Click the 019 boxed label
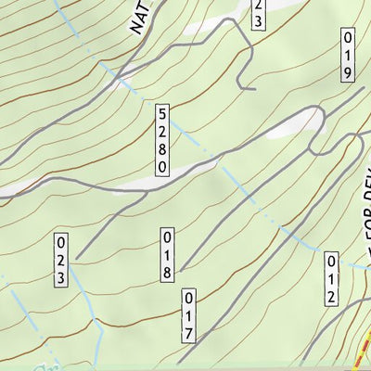tap(349, 57)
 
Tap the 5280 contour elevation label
tap(162, 139)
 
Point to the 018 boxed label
tap(168, 254)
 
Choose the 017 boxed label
tap(188, 316)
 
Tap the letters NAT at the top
tap(140, 17)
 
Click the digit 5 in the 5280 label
tap(162, 112)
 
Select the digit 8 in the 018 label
tap(168, 272)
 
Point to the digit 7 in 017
tap(188, 333)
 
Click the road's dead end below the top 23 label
tap(253, 89)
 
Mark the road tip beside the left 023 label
tap(77, 258)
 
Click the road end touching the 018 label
tap(182, 269)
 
